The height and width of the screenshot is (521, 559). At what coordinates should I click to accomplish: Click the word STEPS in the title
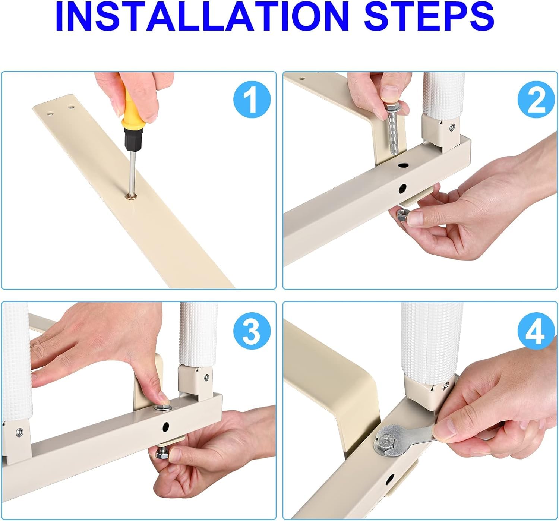429,17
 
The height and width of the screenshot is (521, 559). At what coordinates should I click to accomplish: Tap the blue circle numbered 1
252,100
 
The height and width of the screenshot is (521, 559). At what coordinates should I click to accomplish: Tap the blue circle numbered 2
537,100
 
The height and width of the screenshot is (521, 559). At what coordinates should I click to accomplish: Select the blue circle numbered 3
252,331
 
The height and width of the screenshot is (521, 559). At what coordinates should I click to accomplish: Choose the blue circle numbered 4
537,331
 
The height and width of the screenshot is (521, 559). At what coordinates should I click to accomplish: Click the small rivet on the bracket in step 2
452,127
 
